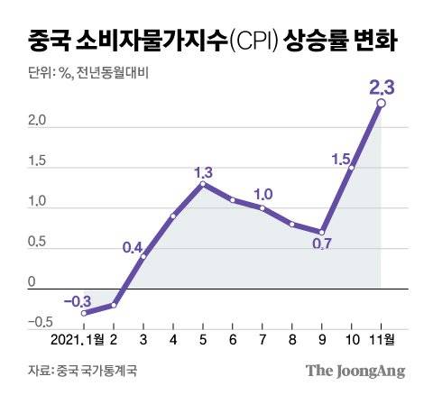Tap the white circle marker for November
point(382,104)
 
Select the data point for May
point(203,184)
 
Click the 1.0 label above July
point(263,193)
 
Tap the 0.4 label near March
point(134,248)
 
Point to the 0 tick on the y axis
point(32,281)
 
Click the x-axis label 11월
point(384,339)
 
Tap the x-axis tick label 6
point(233,339)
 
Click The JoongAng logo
point(355,370)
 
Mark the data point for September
point(322,232)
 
